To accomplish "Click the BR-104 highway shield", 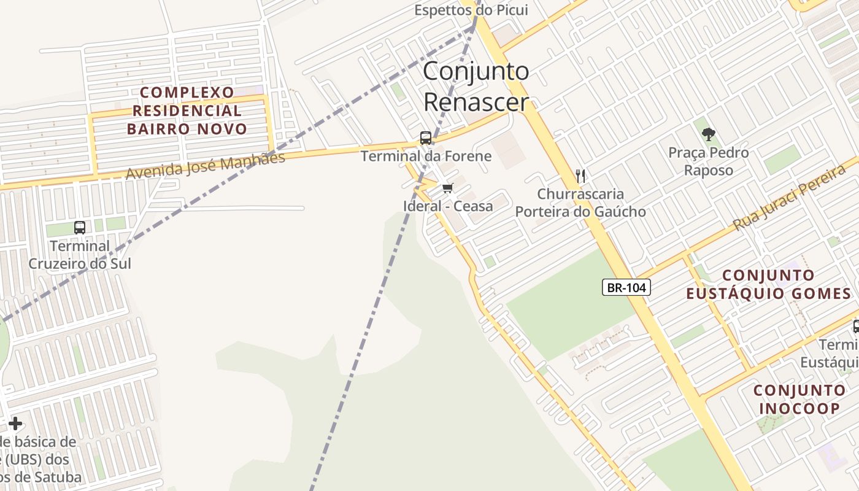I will point(626,287).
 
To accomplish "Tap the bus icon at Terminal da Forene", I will point(426,137).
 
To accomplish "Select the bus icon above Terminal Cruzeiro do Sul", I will point(80,227).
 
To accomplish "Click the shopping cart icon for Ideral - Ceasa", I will point(447,188).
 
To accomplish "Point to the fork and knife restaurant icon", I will point(580,176).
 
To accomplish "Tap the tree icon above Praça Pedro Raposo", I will point(709,133).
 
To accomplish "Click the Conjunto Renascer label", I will point(476,86).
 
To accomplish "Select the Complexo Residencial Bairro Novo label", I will point(187,110).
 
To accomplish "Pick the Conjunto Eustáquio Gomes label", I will point(768,284).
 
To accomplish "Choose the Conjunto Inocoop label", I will point(799,400).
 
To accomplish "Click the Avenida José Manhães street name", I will point(206,166).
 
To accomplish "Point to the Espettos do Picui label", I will point(471,10).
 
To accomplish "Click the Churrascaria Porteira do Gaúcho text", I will point(580,203).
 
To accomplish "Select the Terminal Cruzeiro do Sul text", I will point(80,255).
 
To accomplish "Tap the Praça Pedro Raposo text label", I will point(709,161).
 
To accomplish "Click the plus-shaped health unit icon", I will point(15,423).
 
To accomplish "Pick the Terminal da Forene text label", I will point(426,156).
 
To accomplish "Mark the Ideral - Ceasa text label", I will point(448,206).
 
